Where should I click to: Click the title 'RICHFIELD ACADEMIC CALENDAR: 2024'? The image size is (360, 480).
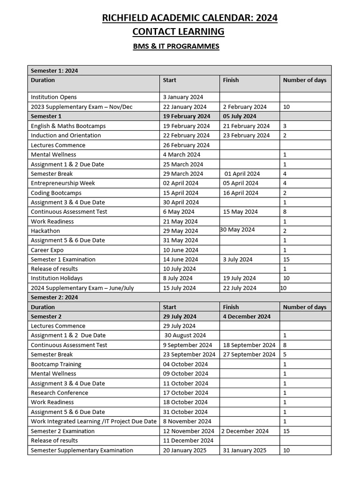pos(189,18)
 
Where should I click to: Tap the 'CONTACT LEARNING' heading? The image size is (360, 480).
pos(178,32)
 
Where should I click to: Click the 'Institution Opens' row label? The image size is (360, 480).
pos(53,97)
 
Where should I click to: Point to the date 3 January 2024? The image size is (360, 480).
pos(183,97)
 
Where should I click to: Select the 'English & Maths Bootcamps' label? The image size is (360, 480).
pos(68,126)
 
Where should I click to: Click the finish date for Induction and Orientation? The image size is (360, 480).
pos(246,135)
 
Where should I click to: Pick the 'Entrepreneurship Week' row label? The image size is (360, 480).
pos(63,183)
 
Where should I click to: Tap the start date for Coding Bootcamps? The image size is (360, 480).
pos(180,193)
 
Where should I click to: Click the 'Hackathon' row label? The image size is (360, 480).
pos(45,231)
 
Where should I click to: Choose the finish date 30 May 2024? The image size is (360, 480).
pos(237,230)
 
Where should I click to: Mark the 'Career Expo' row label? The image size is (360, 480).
pos(47,250)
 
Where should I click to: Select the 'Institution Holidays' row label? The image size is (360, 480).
pos(57,278)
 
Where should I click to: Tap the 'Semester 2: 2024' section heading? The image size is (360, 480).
pos(54,297)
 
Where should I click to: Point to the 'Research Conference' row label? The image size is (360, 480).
pos(60,393)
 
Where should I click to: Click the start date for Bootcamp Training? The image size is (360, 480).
pos(185,364)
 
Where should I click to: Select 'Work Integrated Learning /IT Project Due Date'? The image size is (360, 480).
pos(94,421)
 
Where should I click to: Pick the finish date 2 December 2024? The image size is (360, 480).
pos(245,431)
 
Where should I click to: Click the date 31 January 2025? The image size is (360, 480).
pos(244,450)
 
